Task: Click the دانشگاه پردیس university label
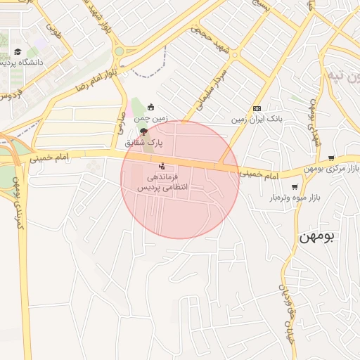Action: point(24,63)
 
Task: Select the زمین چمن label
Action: point(150,120)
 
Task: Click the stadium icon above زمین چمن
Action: point(150,108)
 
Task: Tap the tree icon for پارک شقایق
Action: point(144,131)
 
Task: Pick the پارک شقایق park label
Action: point(144,143)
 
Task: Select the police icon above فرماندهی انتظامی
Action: point(163,166)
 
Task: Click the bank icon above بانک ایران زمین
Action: point(257,108)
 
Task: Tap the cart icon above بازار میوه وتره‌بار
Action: point(294,187)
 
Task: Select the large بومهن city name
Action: point(318,236)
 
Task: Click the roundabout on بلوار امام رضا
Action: point(119,51)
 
